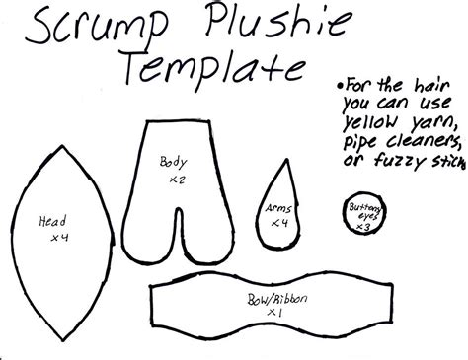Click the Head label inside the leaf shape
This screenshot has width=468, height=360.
pyautogui.click(x=52, y=223)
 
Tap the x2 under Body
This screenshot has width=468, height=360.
pyautogui.click(x=178, y=180)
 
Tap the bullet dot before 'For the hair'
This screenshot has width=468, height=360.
pyautogui.click(x=338, y=83)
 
